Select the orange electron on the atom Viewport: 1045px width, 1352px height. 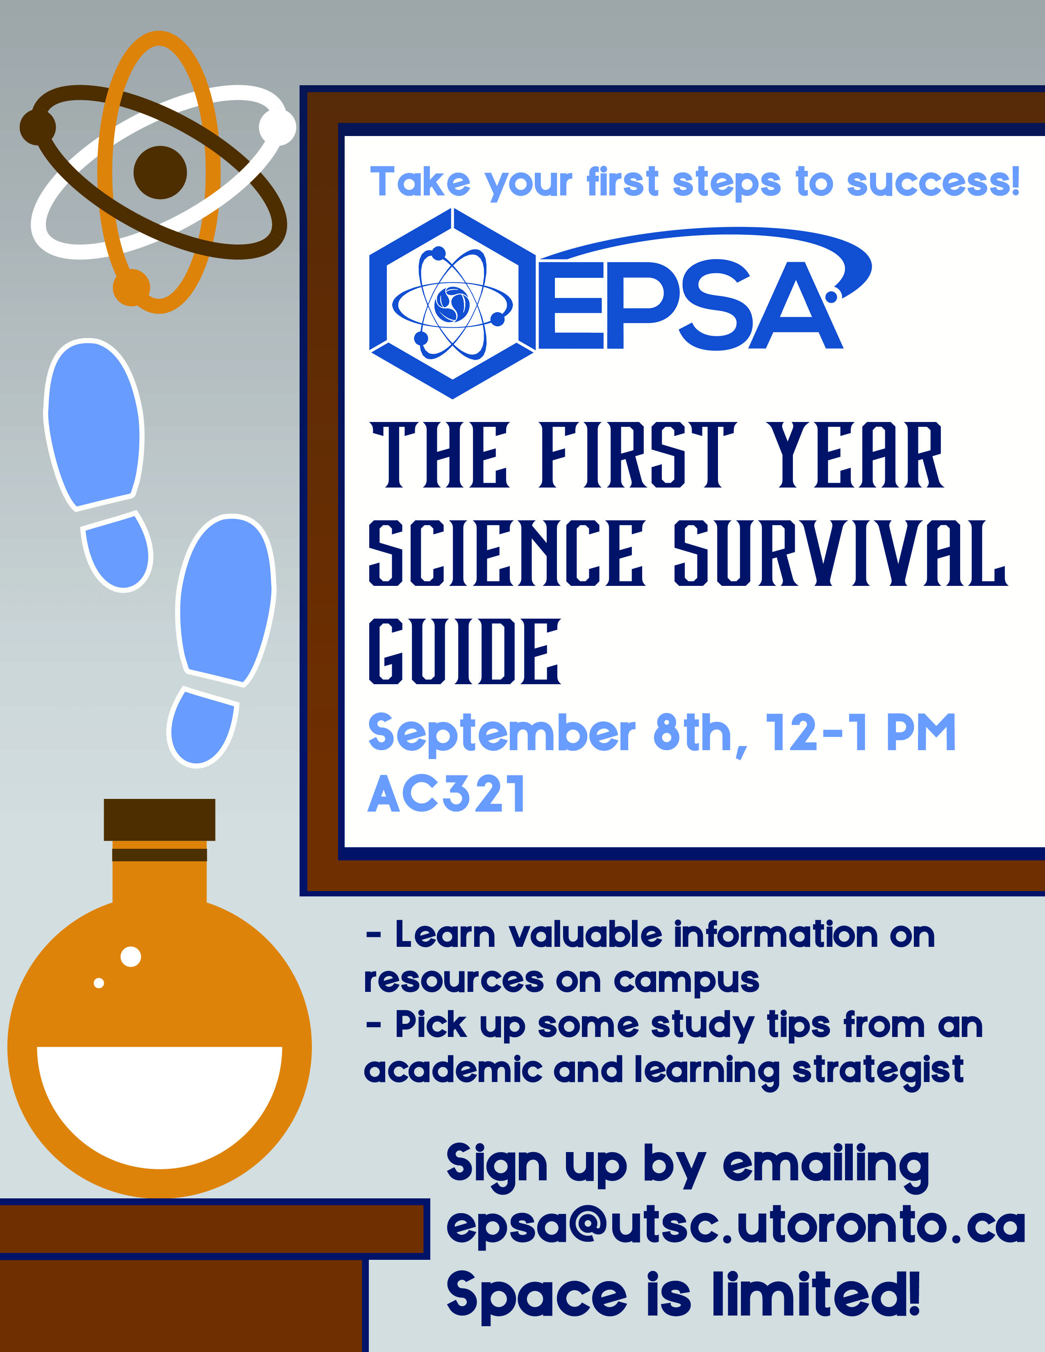[x=131, y=287]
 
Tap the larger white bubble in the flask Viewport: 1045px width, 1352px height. [x=131, y=956]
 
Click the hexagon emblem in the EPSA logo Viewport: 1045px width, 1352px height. [x=452, y=303]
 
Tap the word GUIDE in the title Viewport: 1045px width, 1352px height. [x=464, y=651]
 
